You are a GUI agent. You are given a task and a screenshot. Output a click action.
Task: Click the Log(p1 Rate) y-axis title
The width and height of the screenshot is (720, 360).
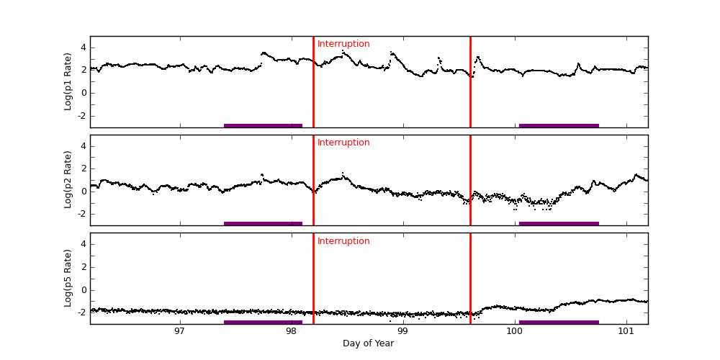(x=68, y=81)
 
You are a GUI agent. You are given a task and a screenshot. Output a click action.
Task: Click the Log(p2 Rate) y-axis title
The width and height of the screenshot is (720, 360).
(x=68, y=180)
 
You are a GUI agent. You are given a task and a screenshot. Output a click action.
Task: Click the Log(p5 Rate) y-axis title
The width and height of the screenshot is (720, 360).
(x=68, y=278)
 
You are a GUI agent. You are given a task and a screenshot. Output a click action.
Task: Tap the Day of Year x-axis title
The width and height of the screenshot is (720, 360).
(x=368, y=343)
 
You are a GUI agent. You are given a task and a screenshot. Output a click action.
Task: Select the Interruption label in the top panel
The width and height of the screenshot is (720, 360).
(x=343, y=44)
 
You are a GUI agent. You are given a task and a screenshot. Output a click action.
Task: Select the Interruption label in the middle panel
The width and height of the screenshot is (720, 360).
(x=343, y=143)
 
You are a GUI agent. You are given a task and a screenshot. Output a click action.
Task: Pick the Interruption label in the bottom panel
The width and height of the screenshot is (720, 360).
(x=343, y=241)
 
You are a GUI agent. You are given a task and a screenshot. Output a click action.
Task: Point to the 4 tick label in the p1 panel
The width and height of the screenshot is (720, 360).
(x=83, y=48)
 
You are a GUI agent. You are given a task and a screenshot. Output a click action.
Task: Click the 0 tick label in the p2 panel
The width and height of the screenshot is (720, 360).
(x=83, y=191)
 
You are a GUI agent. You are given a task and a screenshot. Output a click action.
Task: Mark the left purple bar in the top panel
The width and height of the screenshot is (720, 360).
(x=263, y=125)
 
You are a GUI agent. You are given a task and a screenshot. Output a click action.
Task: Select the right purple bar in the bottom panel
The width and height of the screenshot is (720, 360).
(x=559, y=322)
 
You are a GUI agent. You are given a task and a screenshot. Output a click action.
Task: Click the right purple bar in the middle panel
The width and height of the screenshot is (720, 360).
(x=559, y=223)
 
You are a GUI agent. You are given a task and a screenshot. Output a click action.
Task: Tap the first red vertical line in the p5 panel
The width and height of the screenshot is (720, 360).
(x=313, y=277)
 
